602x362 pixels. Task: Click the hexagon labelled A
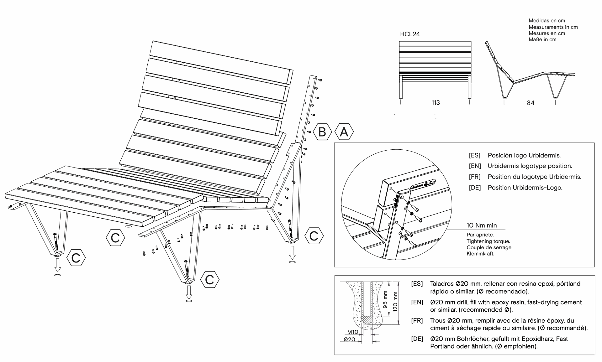click(344, 132)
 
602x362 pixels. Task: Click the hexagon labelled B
click(322, 132)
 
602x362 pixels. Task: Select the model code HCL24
click(409, 34)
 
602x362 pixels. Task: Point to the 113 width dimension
click(436, 103)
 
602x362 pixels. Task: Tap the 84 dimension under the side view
click(530, 103)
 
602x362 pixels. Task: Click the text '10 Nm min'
click(482, 225)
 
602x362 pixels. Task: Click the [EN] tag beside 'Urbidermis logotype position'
click(475, 166)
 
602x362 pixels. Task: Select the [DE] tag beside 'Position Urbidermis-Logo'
click(475, 188)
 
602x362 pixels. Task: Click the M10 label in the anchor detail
click(353, 332)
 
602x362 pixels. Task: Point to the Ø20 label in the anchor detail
click(350, 339)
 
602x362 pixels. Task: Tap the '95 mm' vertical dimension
click(385, 299)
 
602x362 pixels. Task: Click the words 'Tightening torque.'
click(488, 241)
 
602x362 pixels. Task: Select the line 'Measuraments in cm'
click(553, 27)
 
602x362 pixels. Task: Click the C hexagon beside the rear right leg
click(314, 236)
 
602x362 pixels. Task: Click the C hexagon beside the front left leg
click(76, 258)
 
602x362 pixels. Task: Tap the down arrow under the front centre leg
click(189, 292)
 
